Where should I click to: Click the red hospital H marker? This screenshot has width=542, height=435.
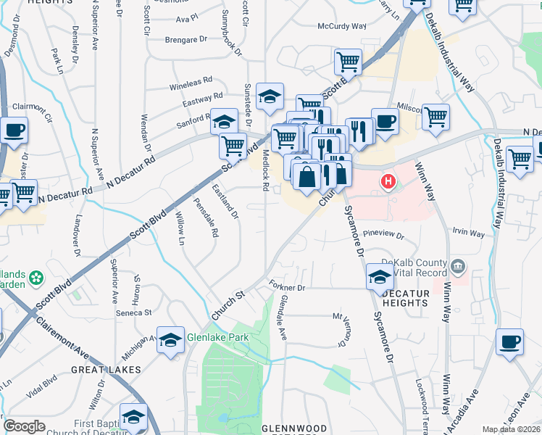coord(388,181)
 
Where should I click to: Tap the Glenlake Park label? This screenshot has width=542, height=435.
coord(217,337)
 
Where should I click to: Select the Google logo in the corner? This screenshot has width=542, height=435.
coord(24,426)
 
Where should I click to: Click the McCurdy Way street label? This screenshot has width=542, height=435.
coord(342,26)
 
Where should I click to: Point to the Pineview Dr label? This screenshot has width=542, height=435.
coord(383,235)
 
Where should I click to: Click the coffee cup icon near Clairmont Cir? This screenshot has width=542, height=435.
coord(14,131)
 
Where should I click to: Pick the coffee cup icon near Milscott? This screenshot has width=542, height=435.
coord(385,122)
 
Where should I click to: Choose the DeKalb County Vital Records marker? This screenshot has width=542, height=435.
coord(457,267)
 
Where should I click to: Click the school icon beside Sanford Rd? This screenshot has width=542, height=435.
coord(225,121)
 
